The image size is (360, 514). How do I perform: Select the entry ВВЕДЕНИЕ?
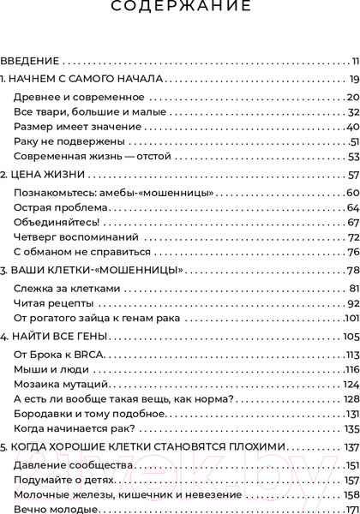[x=29, y=61]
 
